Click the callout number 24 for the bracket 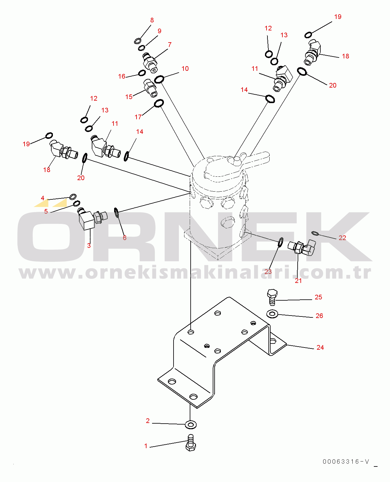click(320, 347)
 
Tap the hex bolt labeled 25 click(272, 297)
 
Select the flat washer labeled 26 click(272, 314)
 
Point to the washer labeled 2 click(191, 425)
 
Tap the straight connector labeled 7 click(150, 63)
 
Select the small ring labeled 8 click(137, 41)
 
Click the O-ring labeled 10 click(159, 79)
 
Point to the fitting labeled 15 click(151, 88)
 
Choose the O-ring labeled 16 click(142, 73)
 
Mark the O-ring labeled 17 click(159, 103)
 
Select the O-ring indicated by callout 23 click(280, 242)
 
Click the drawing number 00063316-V click(346, 462)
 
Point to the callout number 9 click(159, 31)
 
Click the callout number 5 click(46, 211)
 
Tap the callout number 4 click(42, 198)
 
